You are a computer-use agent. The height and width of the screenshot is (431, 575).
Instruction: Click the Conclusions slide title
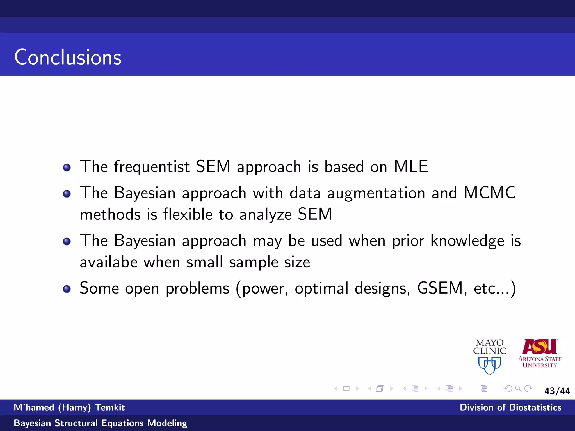coord(68,57)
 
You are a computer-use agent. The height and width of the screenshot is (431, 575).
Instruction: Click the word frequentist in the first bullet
coord(152,167)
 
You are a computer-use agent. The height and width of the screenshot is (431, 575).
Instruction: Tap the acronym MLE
coord(411,166)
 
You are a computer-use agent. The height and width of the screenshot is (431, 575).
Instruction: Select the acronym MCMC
coord(489,193)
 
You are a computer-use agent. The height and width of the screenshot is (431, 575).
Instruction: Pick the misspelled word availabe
coord(109,262)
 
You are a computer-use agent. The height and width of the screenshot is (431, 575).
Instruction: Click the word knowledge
coord(467,241)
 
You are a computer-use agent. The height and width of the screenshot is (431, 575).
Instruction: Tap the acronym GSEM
coord(440,288)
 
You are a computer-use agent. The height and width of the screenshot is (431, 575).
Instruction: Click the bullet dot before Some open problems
coord(67,289)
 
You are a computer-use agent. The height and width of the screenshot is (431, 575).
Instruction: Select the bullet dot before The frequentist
coord(67,168)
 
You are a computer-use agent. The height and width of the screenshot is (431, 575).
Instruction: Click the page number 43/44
coord(557,391)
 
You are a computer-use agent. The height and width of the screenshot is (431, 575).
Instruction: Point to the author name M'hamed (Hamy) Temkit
coord(69,407)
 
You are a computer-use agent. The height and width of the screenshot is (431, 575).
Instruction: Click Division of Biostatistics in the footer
coord(510,407)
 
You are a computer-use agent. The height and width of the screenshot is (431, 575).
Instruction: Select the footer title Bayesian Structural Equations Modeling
coord(100,423)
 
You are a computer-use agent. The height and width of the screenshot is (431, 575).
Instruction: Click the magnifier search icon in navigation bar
coord(518,389)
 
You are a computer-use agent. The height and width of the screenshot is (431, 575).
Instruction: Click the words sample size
coord(269,262)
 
